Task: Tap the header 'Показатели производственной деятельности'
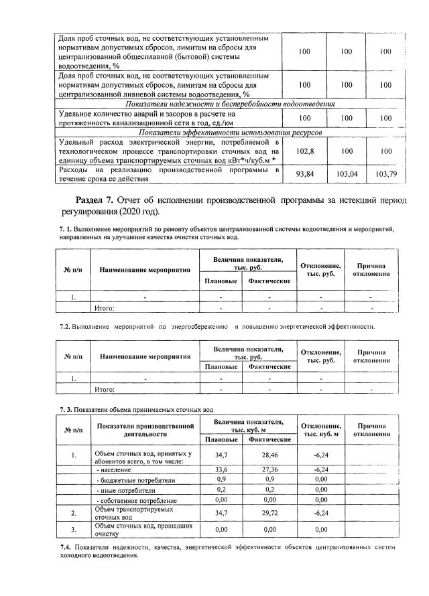(145, 429)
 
